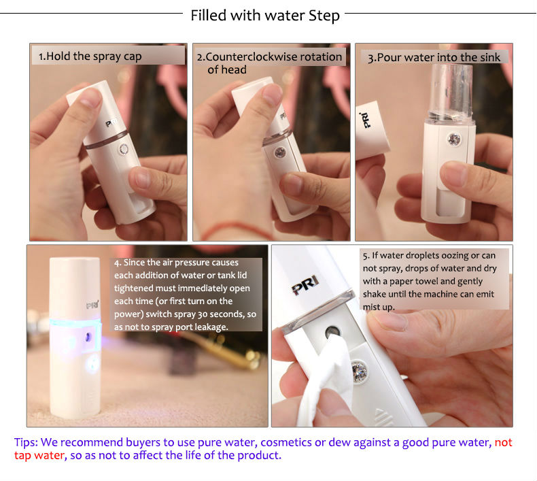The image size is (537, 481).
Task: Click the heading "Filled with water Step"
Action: (x=265, y=16)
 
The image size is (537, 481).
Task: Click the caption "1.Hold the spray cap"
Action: (x=90, y=56)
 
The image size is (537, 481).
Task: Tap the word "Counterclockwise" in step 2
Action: (x=274, y=56)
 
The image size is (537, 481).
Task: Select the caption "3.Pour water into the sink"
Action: (x=434, y=58)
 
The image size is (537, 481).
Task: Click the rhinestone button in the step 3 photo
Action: (x=454, y=139)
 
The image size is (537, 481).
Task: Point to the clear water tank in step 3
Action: (x=451, y=92)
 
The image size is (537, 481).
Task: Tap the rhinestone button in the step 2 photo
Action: (x=280, y=152)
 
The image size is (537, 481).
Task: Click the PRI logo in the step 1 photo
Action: (x=111, y=122)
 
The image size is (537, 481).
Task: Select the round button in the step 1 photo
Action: (x=124, y=149)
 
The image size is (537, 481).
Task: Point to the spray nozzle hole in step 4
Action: (x=88, y=337)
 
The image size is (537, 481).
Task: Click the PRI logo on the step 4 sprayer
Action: (x=92, y=305)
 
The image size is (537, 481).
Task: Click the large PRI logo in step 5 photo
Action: (x=305, y=285)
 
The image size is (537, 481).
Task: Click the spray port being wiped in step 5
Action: (x=332, y=332)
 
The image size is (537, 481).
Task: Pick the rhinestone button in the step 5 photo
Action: (x=360, y=371)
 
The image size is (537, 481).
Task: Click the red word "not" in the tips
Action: (x=503, y=442)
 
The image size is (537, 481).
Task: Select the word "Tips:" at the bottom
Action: (x=26, y=443)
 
